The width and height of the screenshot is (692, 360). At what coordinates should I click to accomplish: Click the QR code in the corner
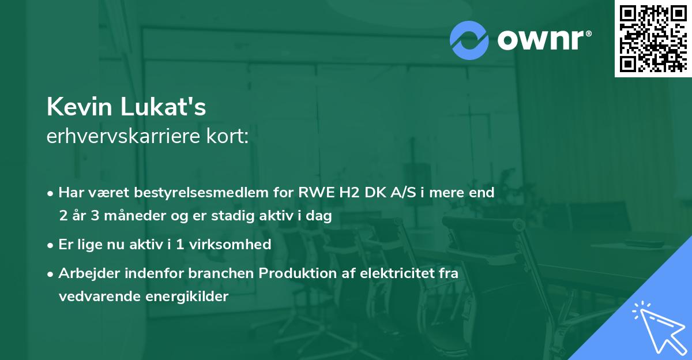point(653,38)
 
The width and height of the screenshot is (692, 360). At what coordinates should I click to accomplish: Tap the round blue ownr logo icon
point(469,40)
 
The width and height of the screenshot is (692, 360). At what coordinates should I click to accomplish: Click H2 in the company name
point(349,193)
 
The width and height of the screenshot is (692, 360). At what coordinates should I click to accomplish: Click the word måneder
point(126,216)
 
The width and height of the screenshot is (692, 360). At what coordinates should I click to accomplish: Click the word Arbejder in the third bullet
point(85,273)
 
